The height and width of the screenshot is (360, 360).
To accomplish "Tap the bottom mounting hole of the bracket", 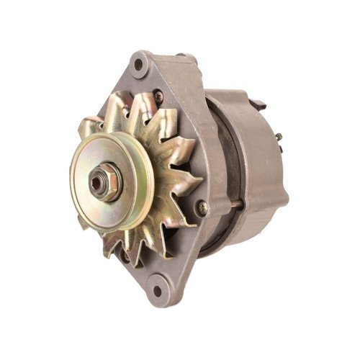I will (157, 292).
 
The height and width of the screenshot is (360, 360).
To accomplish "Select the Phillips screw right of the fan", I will (203, 207).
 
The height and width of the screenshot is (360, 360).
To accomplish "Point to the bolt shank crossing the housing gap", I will (235, 204).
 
